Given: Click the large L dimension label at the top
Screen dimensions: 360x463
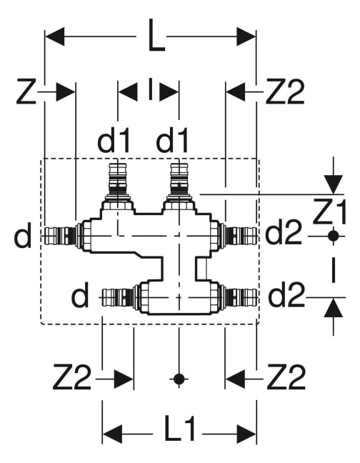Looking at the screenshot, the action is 156,36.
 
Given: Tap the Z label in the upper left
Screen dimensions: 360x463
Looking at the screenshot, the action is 26,91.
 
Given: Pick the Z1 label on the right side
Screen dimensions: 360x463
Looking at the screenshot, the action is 329,211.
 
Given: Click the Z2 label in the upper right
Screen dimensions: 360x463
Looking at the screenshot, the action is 285,91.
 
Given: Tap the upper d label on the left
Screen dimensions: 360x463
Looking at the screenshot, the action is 22,235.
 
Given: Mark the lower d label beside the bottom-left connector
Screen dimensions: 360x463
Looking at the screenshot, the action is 80,294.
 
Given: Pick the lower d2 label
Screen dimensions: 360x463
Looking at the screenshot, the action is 286,294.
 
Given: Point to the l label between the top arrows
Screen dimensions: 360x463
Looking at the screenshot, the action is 151,89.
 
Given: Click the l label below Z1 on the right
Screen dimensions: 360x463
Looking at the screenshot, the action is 334,270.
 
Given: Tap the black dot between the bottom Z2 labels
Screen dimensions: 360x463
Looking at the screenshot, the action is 179,379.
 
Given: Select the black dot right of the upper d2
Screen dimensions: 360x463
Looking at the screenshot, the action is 334,236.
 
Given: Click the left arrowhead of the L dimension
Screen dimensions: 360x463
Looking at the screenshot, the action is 54,36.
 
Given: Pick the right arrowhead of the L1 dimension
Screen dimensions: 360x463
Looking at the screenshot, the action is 246,434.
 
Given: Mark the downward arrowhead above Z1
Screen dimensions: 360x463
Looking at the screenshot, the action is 334,184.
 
